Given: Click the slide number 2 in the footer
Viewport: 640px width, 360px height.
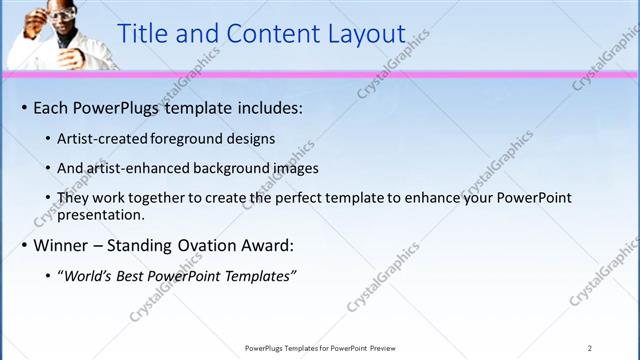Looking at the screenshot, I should [590, 348].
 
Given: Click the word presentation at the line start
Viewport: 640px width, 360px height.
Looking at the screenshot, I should [101, 214].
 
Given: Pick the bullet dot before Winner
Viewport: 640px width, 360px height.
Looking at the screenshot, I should [23, 245].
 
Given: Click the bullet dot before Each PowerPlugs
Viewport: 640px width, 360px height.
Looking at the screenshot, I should [23, 107].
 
